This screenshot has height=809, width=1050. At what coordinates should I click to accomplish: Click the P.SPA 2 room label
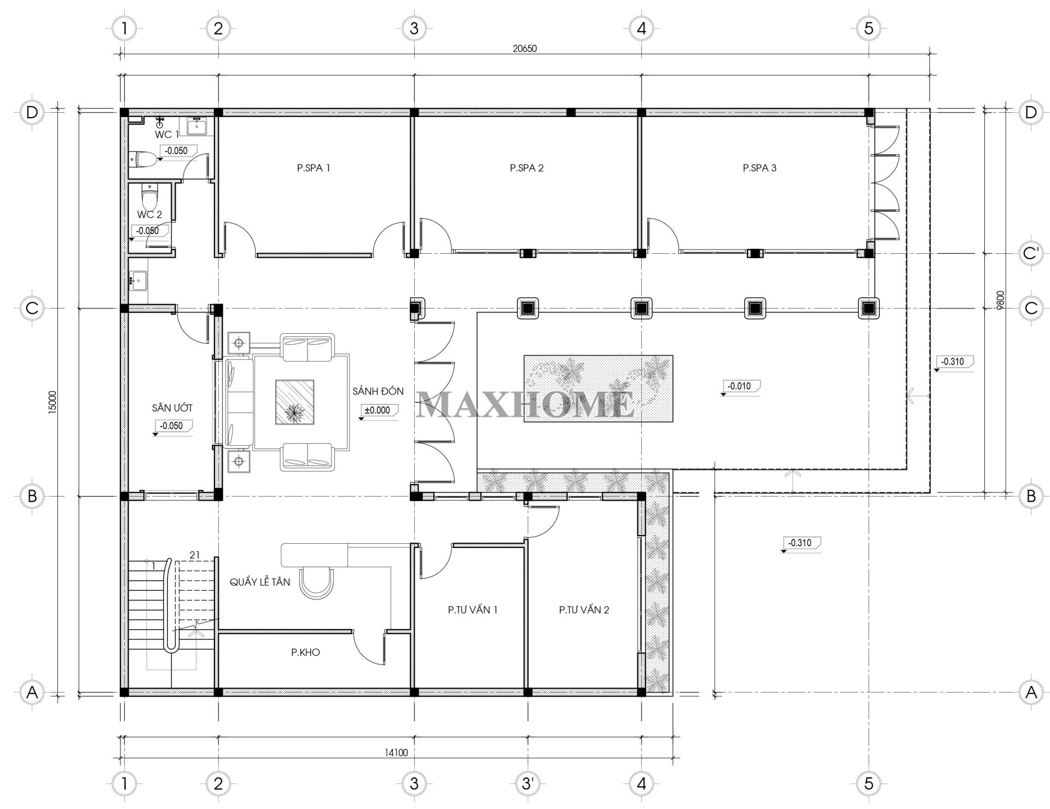pyautogui.click(x=526, y=168)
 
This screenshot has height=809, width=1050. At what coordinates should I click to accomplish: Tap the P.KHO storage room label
pyautogui.click(x=305, y=652)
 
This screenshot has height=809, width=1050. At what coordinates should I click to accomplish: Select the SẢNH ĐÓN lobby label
pyautogui.click(x=378, y=391)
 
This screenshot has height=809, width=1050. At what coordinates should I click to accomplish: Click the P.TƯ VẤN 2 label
pyautogui.click(x=584, y=609)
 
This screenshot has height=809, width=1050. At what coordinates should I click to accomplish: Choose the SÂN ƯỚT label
pyautogui.click(x=172, y=408)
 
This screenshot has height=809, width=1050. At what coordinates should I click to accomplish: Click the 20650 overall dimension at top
pyautogui.click(x=525, y=48)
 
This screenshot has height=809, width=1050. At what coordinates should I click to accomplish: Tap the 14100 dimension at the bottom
pyautogui.click(x=396, y=753)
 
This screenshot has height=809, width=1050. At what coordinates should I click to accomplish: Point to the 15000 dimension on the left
pyautogui.click(x=53, y=402)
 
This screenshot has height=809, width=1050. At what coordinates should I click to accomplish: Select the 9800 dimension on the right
pyautogui.click(x=1000, y=300)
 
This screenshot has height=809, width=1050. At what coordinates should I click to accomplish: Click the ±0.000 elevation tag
pyautogui.click(x=378, y=410)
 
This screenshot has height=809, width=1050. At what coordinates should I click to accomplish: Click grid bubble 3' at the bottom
pyautogui.click(x=527, y=783)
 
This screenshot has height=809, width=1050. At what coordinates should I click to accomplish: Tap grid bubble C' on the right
pyautogui.click(x=1031, y=253)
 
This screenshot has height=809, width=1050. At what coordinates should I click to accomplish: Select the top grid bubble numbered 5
pyautogui.click(x=869, y=28)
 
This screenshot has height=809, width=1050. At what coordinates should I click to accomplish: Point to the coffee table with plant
pyautogui.click(x=294, y=402)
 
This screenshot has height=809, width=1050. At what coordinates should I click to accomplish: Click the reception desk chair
pyautogui.click(x=317, y=584)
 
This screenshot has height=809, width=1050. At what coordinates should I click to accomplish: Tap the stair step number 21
pyautogui.click(x=194, y=555)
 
